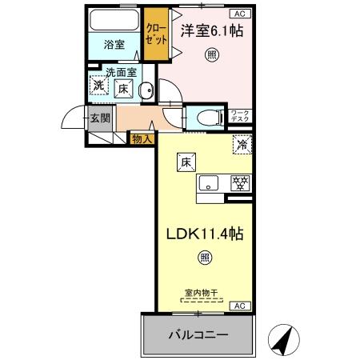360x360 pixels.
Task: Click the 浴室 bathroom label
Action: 114,45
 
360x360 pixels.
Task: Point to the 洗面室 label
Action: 122,72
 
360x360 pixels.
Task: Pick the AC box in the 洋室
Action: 240,14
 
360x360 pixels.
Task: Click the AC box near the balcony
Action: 238,306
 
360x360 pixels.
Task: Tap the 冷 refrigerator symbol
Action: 242,146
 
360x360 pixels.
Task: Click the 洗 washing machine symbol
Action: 98,86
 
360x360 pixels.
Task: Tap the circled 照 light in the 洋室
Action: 211,54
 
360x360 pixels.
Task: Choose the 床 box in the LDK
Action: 184,161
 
